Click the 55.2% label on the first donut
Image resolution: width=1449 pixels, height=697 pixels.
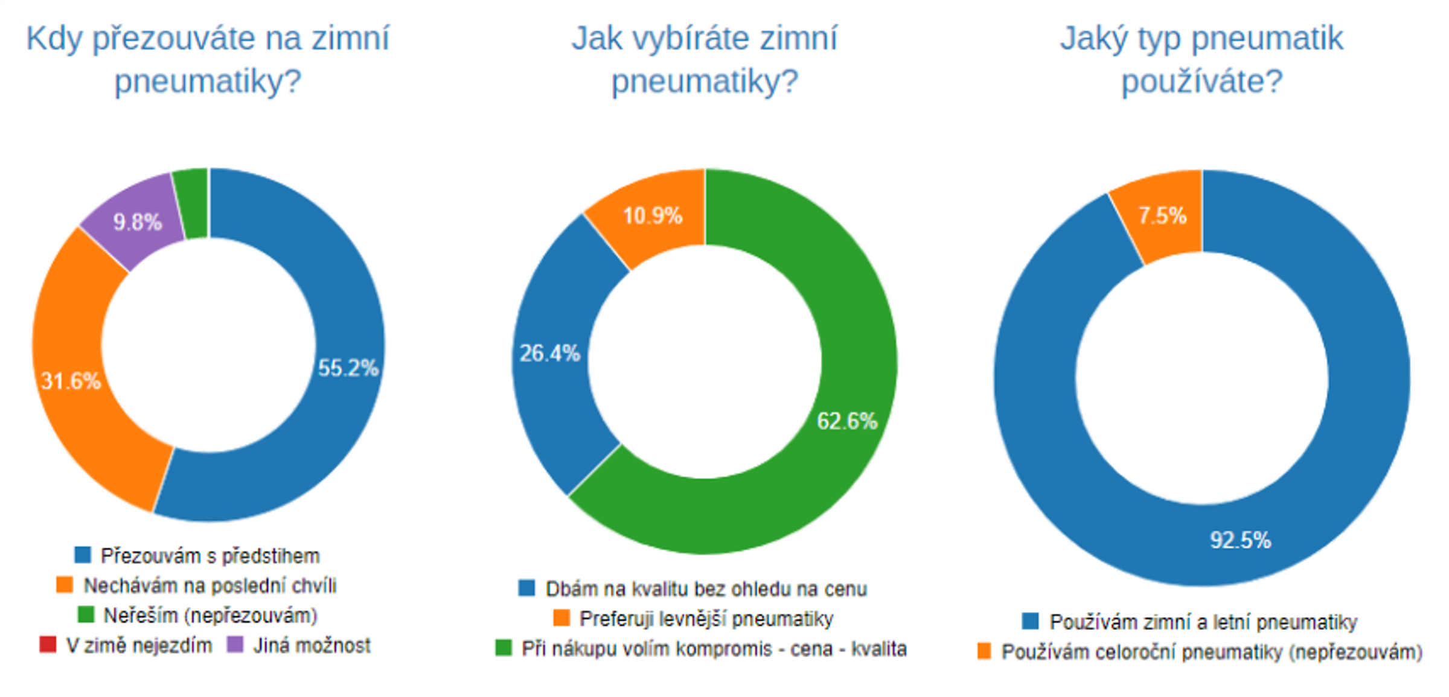tap(348, 368)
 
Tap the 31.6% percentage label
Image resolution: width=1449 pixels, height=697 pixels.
tap(71, 381)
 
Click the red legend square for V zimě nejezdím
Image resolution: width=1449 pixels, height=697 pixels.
tap(48, 644)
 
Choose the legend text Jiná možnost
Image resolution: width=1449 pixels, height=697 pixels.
tap(312, 646)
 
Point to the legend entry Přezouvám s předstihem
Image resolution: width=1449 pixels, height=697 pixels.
tap(210, 556)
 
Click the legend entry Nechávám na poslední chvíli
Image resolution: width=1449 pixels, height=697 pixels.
tap(210, 585)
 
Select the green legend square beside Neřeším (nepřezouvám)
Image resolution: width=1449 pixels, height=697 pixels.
tap(86, 614)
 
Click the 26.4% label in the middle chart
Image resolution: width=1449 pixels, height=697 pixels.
tap(549, 353)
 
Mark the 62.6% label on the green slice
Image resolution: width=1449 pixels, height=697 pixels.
tap(846, 421)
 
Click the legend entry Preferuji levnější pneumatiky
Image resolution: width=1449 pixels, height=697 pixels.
tap(706, 619)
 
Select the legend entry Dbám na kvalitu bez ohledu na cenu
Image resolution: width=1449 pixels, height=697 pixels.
tap(706, 589)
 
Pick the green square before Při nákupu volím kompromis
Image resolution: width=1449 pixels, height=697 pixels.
tap(504, 648)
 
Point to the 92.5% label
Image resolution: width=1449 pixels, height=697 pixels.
tap(1240, 540)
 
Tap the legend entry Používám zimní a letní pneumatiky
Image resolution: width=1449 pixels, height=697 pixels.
tap(1203, 622)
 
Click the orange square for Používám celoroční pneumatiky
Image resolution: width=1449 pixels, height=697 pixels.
tap(984, 652)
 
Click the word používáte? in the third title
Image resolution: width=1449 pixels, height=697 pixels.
tap(1201, 81)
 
